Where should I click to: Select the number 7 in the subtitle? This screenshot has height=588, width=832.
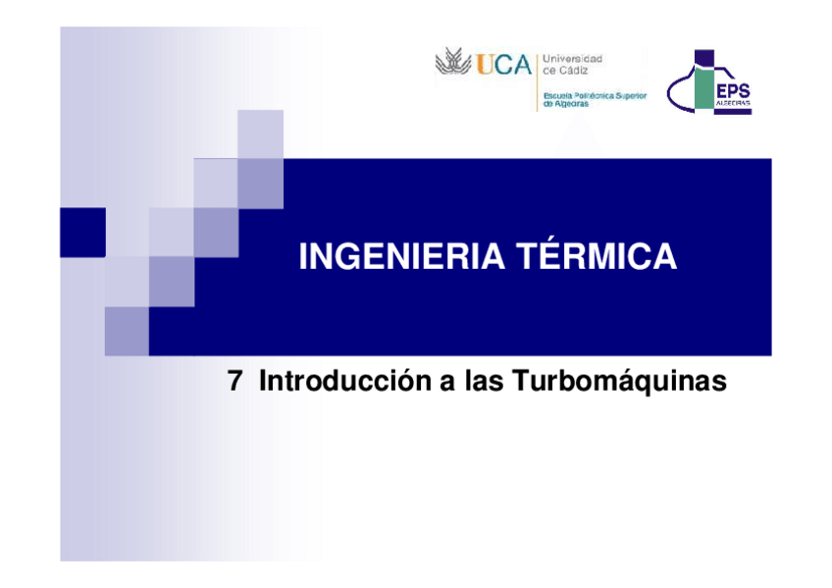coord(234,382)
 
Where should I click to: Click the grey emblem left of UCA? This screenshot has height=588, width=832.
coord(453,64)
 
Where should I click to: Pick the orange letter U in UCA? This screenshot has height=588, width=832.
coord(485,65)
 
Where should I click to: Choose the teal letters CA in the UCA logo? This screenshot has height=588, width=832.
coord(513,65)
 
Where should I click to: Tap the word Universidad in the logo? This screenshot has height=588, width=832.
coord(573,59)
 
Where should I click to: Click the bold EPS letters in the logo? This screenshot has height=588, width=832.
coord(733,89)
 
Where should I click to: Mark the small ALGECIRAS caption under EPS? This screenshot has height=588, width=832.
coord(733,103)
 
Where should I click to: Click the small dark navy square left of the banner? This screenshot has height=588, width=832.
coord(82,233)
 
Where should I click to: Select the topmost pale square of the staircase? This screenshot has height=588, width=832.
coord(260,134)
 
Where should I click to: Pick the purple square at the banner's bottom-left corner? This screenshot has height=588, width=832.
coord(127,331)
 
